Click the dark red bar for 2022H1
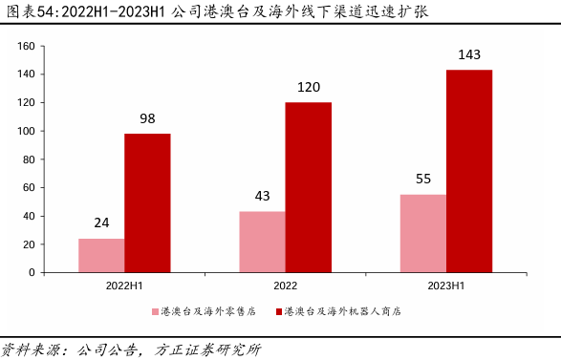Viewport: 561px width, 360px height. pyautogui.click(x=147, y=202)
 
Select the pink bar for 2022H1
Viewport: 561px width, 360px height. pyautogui.click(x=101, y=255)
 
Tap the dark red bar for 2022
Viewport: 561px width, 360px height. pyautogui.click(x=309, y=187)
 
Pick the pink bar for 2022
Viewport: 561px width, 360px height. pyautogui.click(x=262, y=242)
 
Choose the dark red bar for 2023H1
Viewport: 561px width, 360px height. pyautogui.click(x=469, y=171)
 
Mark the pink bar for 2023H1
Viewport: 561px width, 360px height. pyautogui.click(x=423, y=233)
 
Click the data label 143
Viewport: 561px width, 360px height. pyautogui.click(x=469, y=55)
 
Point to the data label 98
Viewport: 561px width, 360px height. pyautogui.click(x=147, y=118)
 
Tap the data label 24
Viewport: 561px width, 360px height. pyautogui.click(x=101, y=223)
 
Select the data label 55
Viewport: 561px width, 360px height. pyautogui.click(x=423, y=180)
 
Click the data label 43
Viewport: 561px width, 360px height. pyautogui.click(x=262, y=197)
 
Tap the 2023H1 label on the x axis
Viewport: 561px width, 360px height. pyautogui.click(x=446, y=286)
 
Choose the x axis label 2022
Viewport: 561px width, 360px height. pyautogui.click(x=285, y=286)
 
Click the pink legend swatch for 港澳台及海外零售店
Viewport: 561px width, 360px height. pyautogui.click(x=154, y=312)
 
